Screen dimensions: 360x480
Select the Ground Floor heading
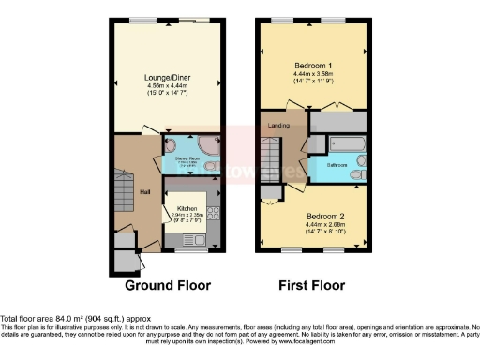coord(169,285)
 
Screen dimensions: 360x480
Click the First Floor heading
coord(314,285)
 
